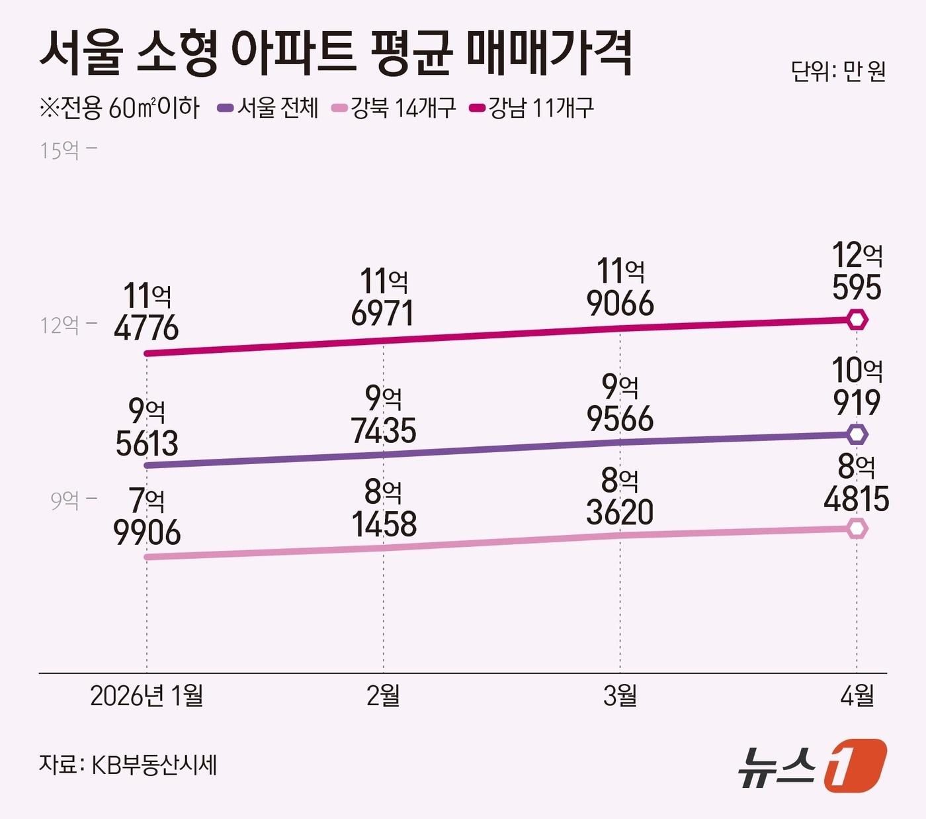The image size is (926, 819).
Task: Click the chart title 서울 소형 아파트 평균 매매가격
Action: coord(336,52)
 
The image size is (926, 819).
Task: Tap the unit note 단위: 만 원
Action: coord(837,72)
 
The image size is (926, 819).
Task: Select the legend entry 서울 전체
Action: coord(269,108)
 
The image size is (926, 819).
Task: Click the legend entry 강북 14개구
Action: coord(395,108)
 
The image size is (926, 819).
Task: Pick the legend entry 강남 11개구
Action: coord(533,108)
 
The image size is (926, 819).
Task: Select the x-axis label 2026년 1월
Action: coord(146,696)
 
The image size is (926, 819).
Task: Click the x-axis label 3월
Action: coord(620,696)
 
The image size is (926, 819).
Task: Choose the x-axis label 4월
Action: coord(857,696)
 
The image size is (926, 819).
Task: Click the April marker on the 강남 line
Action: coord(857,320)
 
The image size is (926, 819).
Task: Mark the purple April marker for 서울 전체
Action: coord(857,435)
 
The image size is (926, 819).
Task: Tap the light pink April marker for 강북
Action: coord(857,529)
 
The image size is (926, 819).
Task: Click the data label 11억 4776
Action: coord(146,312)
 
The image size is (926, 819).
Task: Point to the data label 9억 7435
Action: coord(384,414)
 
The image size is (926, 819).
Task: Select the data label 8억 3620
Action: coord(620,497)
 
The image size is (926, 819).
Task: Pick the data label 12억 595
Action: coord(857,271)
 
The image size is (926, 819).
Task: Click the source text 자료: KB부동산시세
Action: coord(128,765)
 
